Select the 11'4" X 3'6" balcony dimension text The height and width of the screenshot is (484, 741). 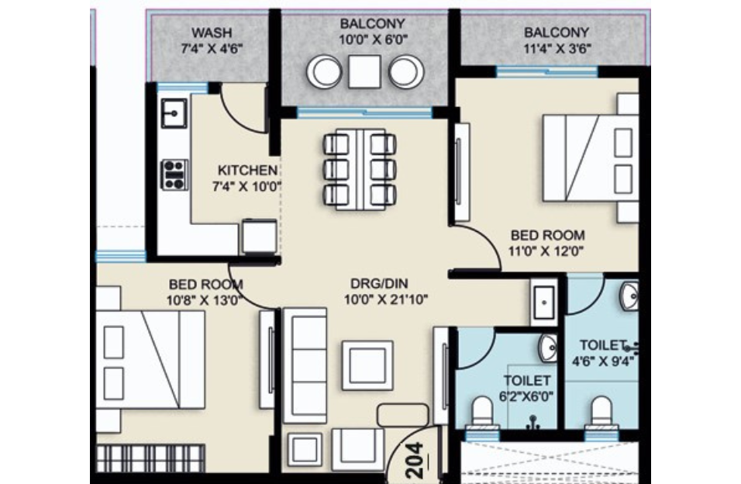556,48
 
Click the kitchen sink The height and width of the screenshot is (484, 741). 174,114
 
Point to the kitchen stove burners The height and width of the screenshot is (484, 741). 174,174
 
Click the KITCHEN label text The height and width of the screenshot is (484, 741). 246,171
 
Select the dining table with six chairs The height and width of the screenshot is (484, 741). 360,168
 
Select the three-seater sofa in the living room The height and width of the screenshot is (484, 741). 305,365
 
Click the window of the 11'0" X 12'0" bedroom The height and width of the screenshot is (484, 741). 547,71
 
